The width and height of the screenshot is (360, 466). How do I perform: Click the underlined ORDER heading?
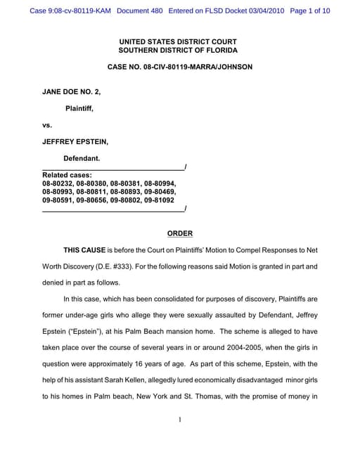coord(179,233)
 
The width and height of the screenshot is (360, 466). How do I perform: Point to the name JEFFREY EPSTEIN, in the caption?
coord(75,141)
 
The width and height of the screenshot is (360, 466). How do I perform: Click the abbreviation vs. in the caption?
coord(48,125)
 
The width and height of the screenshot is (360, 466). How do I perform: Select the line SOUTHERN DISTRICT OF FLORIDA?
coord(178,51)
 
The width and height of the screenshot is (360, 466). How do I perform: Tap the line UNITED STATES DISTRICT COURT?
coord(178,41)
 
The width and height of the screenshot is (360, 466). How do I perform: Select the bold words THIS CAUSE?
coord(84,250)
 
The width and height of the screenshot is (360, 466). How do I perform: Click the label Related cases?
coord(67,174)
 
